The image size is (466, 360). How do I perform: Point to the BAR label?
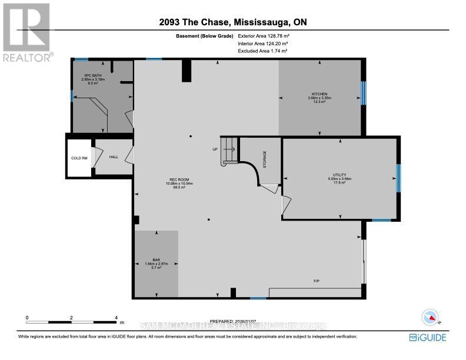[x=156, y=259]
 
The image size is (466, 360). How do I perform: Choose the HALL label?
[x=114, y=157]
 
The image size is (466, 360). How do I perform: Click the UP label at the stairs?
[x=215, y=149]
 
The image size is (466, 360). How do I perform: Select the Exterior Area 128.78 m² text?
[x=268, y=36]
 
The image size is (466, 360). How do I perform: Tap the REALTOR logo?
[x=27, y=32]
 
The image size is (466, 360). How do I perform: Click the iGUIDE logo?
[x=428, y=337]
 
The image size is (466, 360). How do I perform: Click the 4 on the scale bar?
[x=116, y=317]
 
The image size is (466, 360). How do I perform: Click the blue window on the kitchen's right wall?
[x=363, y=92]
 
